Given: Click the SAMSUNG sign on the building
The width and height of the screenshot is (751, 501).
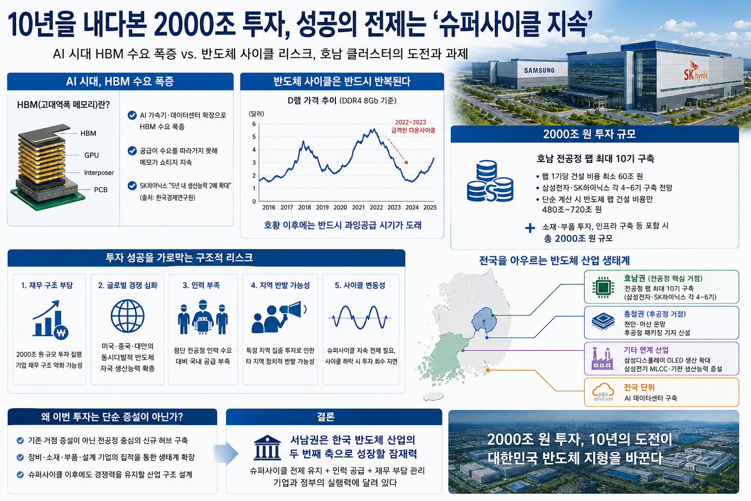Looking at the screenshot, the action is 539,70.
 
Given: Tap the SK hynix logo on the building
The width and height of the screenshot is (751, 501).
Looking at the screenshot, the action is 696,71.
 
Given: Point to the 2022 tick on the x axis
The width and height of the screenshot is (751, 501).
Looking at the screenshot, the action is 376,207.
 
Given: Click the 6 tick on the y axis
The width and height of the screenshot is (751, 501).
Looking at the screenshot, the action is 254,124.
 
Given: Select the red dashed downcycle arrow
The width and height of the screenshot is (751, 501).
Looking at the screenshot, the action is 398,151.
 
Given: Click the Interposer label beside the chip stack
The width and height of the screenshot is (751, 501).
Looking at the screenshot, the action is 99,173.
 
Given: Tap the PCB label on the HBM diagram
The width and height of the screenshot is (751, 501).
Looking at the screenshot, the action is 101,190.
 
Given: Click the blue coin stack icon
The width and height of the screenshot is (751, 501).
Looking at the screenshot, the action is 490,181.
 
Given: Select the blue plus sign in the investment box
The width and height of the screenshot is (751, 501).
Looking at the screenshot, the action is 530,228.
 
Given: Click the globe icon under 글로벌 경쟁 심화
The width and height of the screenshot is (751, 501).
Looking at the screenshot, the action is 128,316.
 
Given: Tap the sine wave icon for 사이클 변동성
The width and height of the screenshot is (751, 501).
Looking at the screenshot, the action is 360,317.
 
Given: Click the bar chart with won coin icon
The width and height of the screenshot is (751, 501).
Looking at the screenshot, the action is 50,319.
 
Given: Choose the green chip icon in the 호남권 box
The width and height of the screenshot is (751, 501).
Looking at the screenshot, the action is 603,287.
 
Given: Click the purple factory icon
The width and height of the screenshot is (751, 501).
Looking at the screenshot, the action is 602,359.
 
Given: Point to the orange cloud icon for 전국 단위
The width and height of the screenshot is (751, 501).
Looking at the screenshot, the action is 603,392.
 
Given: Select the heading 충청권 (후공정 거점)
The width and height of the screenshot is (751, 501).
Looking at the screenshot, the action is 655,314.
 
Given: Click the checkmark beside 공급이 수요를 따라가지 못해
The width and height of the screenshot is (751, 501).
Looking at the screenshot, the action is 132,151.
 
